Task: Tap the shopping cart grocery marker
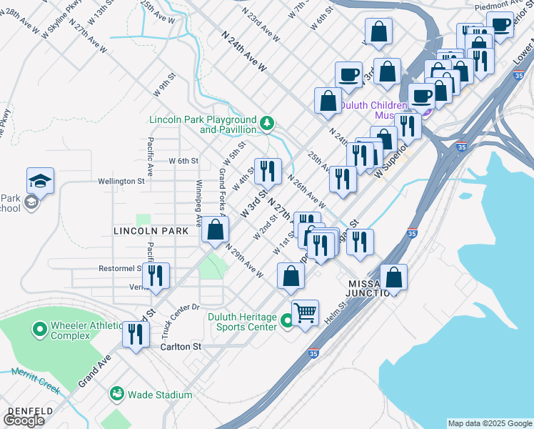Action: [305, 312]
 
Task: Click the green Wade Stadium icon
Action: [116, 394]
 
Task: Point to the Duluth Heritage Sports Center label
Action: [242, 322]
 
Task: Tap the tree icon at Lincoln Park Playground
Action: [267, 124]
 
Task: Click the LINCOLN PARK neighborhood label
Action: [151, 231]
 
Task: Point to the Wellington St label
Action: [122, 182]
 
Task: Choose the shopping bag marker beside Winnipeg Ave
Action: [215, 230]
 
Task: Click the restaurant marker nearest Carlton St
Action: [135, 334]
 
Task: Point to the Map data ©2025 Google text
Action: [490, 423]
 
